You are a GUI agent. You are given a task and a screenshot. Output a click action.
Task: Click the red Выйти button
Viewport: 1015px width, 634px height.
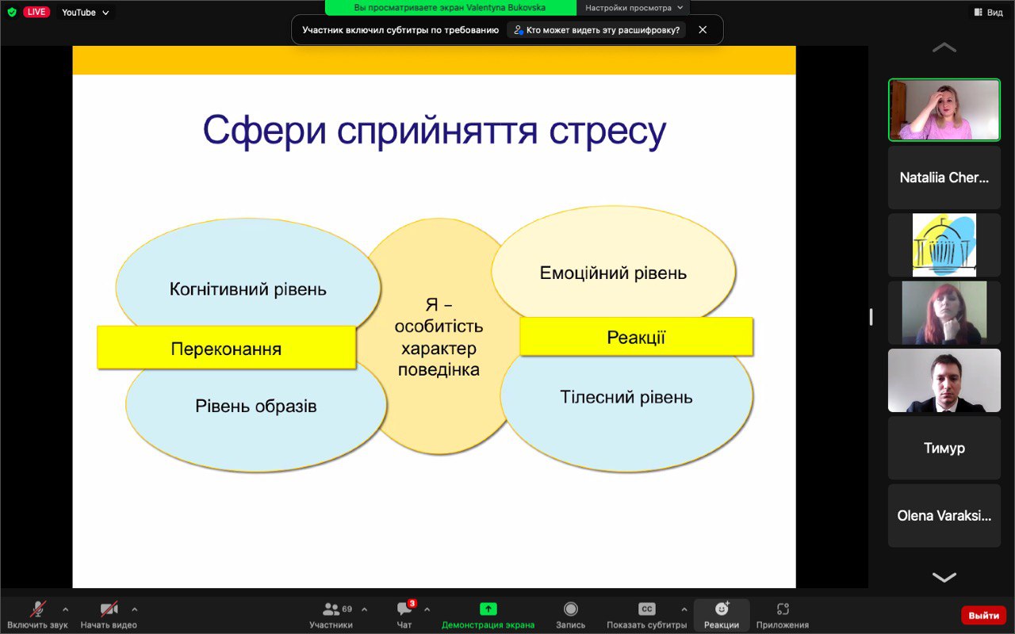(x=983, y=616)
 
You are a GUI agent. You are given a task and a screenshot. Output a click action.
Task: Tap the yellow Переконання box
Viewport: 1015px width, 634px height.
(x=227, y=348)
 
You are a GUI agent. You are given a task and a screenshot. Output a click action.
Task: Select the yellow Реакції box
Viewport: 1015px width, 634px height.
(x=636, y=337)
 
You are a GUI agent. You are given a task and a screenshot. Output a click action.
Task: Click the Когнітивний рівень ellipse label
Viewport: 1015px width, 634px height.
(x=248, y=289)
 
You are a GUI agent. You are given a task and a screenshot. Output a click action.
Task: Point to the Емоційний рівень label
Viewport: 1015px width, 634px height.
(x=613, y=273)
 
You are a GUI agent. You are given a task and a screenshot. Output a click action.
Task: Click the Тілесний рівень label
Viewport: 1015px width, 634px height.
(x=626, y=397)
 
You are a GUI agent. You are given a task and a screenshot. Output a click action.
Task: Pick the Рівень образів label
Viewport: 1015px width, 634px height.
(x=256, y=407)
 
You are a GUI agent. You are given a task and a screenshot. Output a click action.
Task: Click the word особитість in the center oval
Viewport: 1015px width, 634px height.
(x=439, y=327)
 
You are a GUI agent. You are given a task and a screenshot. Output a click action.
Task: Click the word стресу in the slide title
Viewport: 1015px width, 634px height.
(x=607, y=132)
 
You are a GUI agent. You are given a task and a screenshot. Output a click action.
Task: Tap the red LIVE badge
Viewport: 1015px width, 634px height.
(x=36, y=12)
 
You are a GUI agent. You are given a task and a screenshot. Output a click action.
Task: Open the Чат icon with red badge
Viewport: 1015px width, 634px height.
(x=405, y=609)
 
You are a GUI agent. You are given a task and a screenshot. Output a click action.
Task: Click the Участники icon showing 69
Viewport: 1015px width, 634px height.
(x=337, y=609)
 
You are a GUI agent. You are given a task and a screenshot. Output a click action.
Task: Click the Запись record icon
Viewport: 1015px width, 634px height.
(x=570, y=609)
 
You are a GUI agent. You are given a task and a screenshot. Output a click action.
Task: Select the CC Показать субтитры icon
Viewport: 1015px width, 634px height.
(x=646, y=609)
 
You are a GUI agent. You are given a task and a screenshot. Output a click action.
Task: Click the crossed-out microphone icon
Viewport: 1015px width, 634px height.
(x=38, y=609)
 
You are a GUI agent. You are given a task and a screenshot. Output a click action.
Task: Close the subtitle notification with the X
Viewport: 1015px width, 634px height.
(x=703, y=30)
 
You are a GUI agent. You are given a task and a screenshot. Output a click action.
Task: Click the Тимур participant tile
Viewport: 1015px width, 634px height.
(x=944, y=448)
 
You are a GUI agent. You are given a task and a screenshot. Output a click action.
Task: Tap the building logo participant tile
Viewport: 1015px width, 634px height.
(x=944, y=245)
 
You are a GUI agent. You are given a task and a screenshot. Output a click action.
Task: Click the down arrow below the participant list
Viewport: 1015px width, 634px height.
(x=944, y=577)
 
